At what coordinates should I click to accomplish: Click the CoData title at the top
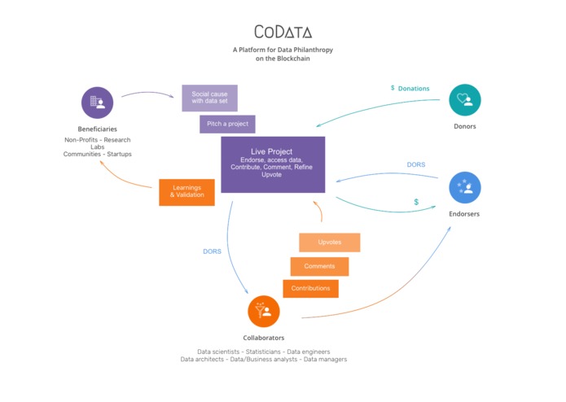283,32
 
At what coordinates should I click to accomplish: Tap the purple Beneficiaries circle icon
98,103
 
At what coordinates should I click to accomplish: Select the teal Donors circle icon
465,100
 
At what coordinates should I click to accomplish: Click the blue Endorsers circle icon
465,188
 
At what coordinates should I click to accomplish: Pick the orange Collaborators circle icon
264,311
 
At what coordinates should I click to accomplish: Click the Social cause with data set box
209,98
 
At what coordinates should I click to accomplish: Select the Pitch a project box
228,124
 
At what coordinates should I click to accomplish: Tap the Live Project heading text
272,151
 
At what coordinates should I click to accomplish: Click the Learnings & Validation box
186,192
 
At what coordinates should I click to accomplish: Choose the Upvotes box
329,243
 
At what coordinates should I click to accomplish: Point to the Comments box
319,266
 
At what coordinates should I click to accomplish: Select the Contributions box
310,288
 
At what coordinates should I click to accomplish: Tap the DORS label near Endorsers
416,164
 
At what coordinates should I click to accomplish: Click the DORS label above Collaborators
212,251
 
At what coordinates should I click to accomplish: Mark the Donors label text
464,127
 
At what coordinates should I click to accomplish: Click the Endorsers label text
465,215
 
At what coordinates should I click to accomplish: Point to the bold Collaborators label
264,338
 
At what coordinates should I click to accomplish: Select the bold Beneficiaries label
97,129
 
